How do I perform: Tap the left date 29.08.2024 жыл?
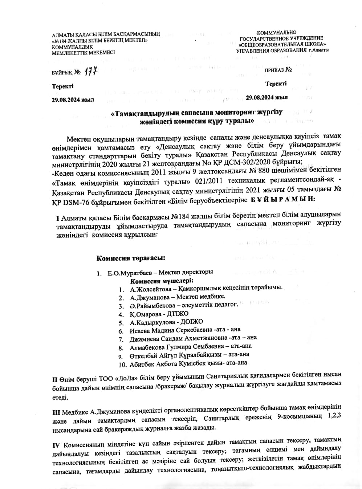[x=73, y=100]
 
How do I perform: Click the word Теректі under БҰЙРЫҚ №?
[x=62, y=86]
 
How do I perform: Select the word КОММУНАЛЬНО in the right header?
[x=277, y=33]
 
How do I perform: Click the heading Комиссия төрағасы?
[x=130, y=258]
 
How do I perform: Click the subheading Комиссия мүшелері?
[x=162, y=281]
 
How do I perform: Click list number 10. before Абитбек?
[x=123, y=364]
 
